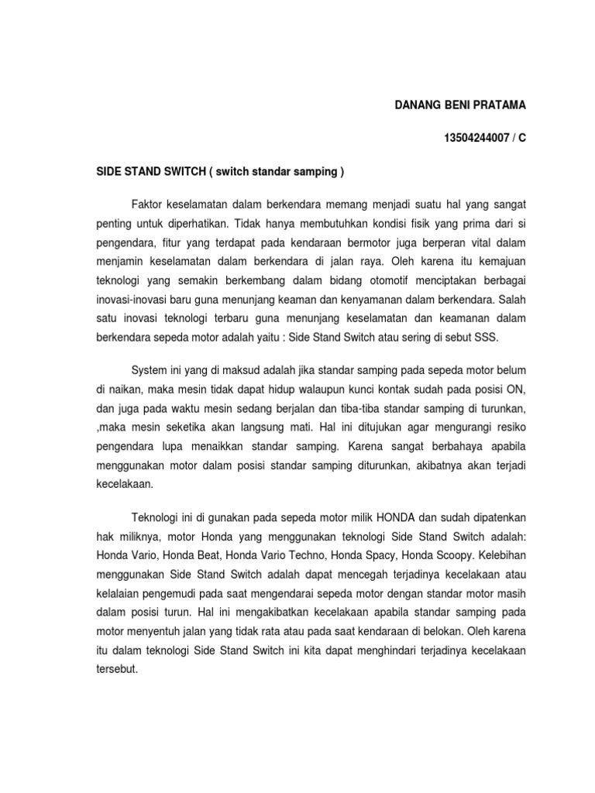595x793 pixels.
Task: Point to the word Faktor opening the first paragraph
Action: pyautogui.click(x=149, y=204)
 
